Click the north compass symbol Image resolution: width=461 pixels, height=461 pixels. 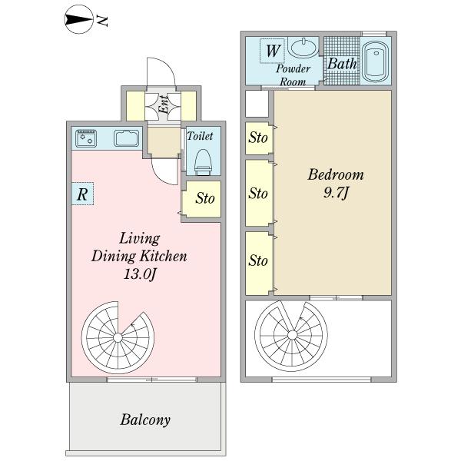[78, 20]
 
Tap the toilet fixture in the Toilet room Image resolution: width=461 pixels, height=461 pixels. [203, 162]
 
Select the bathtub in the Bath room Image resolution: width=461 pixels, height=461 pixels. [375, 61]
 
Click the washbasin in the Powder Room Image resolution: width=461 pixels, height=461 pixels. [303, 47]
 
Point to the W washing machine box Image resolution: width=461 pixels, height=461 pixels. [272, 51]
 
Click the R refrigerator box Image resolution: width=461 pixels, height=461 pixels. [83, 194]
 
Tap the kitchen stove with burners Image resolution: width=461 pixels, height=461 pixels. [86, 138]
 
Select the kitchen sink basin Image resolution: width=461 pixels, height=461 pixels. [127, 138]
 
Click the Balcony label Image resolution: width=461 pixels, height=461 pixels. [145, 420]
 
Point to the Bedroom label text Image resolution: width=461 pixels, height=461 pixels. [336, 174]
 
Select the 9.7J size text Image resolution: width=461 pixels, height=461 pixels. [336, 193]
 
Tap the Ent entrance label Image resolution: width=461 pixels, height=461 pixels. [164, 104]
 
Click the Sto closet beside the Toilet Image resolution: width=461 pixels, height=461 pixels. [201, 199]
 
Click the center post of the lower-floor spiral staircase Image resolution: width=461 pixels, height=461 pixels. [118, 338]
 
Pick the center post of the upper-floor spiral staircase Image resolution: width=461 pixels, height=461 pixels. [292, 335]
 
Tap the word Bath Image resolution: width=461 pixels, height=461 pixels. [342, 64]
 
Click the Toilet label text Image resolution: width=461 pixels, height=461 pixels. [200, 136]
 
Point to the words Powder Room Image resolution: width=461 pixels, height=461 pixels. [293, 75]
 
